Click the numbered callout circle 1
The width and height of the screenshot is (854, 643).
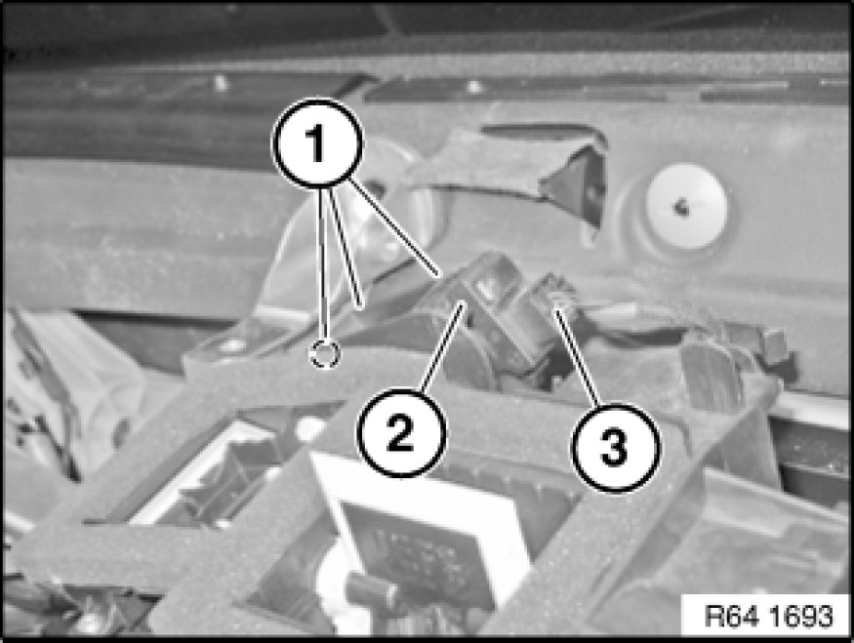pyautogui.click(x=317, y=143)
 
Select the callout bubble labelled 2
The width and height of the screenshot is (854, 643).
pyautogui.click(x=401, y=433)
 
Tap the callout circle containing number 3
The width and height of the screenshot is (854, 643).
pyautogui.click(x=615, y=448)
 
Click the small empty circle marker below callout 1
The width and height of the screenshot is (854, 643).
pyautogui.click(x=325, y=354)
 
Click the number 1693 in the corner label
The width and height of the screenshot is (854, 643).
pyautogui.click(x=802, y=616)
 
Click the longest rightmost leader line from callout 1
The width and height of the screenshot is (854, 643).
pyautogui.click(x=393, y=226)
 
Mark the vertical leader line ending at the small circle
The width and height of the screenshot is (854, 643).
pyautogui.click(x=323, y=264)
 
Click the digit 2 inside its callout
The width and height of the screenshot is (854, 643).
pyautogui.click(x=401, y=433)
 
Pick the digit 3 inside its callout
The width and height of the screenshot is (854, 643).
pyautogui.click(x=615, y=448)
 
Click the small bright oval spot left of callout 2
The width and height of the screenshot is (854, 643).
pyautogui.click(x=309, y=427)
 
